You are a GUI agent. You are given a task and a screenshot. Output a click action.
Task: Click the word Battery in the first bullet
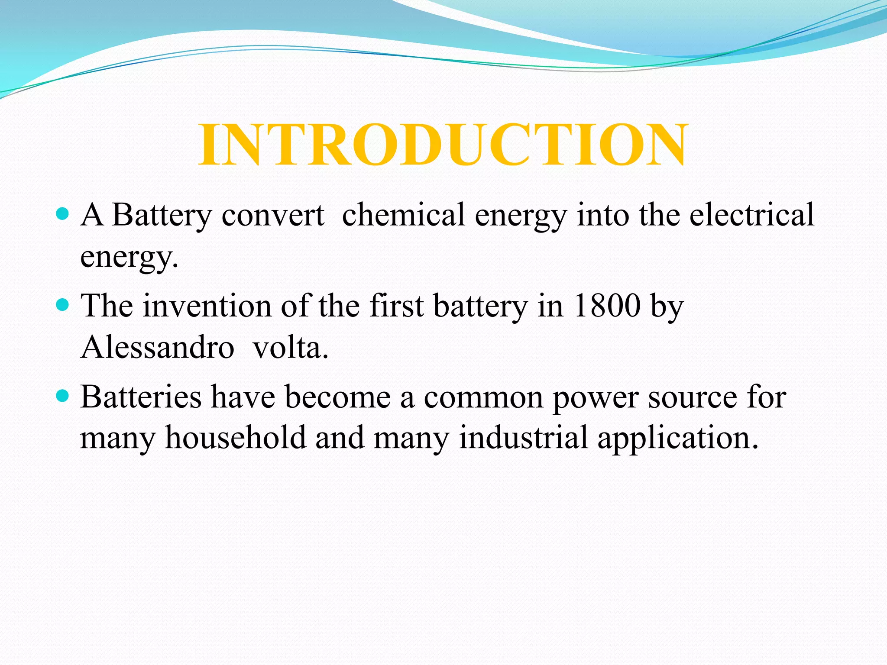[x=162, y=215]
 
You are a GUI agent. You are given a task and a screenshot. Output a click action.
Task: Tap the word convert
[x=272, y=215]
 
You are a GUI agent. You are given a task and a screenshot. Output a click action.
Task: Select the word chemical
[x=403, y=215]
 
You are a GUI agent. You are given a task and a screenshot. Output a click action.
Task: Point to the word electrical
[x=751, y=215]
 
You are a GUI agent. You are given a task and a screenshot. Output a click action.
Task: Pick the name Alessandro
[x=157, y=347]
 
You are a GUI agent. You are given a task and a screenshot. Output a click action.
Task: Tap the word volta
[x=290, y=347]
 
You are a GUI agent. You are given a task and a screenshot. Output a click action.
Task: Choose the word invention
[x=207, y=306]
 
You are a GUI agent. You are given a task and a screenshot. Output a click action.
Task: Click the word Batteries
[x=141, y=397]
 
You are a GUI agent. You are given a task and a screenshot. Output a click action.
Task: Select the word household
[x=236, y=438]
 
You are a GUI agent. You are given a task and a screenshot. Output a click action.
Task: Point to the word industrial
[x=523, y=438]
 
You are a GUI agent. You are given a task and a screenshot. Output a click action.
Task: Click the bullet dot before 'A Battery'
[x=63, y=214]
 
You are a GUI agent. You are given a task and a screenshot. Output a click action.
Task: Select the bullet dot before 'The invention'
[x=63, y=305]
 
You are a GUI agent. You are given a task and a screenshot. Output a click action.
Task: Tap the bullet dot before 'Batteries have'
[x=63, y=396]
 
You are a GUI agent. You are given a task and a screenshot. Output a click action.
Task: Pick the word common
[x=483, y=398]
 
